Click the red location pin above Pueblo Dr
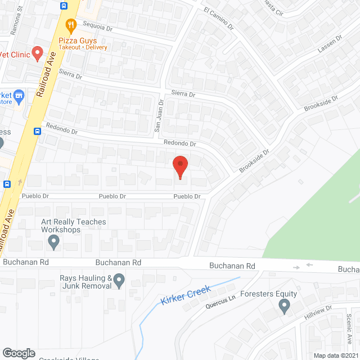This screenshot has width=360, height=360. pos(180,165)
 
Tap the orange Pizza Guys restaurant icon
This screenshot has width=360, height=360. pos(70,25)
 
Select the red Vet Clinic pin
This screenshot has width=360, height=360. pos(38,53)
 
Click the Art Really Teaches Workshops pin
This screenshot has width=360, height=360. pos(53,242)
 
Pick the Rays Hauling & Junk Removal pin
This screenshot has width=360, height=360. pos(119,280)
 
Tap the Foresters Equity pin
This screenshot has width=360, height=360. pos(284,306)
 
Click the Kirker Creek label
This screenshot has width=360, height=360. pos(185,295)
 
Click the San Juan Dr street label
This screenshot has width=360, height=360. pos(159,116)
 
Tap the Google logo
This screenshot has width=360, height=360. pos(19,353)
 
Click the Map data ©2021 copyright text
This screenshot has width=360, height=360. pos(336,355)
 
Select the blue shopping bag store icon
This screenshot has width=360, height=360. pos(19,96)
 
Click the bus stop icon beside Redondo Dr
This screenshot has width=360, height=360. pos(37,132)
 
